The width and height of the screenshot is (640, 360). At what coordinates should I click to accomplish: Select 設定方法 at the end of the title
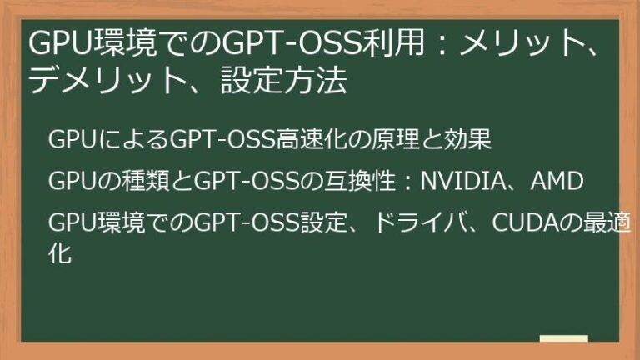click(284, 82)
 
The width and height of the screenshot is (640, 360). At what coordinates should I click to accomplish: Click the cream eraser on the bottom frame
click(563, 339)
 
